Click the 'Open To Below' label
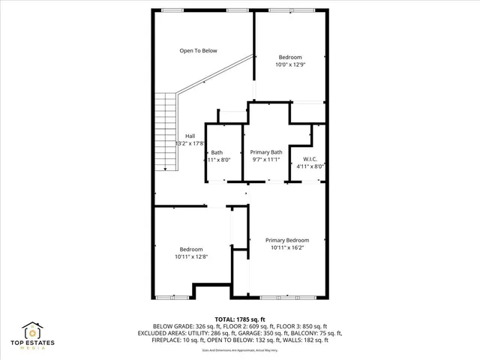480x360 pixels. (198, 51)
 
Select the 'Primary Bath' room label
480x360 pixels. (265, 151)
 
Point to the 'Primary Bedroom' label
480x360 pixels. (287, 240)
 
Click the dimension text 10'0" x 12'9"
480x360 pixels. (290, 65)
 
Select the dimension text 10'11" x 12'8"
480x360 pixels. (190, 256)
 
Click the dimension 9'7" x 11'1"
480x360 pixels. (265, 159)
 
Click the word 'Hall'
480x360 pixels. (190, 136)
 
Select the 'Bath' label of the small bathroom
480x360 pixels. (217, 152)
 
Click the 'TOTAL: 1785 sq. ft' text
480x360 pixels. (240, 319)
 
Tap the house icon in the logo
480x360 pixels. (33, 331)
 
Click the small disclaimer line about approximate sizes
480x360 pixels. (240, 349)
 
